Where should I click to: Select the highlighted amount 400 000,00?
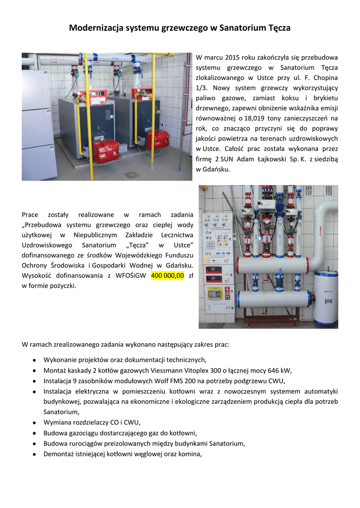click(167, 275)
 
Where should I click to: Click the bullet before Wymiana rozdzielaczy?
click(33, 423)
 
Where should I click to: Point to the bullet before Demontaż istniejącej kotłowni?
click(33, 453)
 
